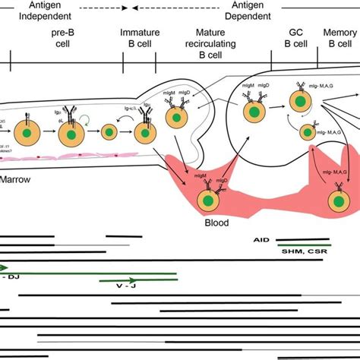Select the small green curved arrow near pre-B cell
pos(93,118)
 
